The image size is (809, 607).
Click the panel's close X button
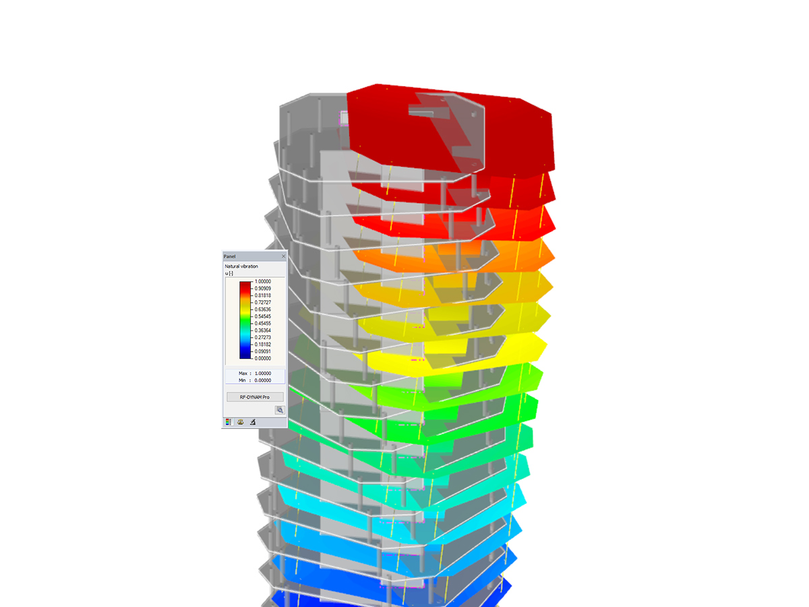coord(283,256)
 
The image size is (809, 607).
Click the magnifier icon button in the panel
coord(280,410)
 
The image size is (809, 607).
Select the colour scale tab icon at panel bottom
coord(228,422)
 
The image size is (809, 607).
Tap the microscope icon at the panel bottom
coord(253,422)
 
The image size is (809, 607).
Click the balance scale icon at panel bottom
coord(240,422)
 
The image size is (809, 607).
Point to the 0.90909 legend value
coord(262,288)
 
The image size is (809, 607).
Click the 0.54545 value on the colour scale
coord(262,316)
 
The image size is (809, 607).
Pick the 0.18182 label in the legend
coord(262,344)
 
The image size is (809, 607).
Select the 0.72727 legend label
coord(262,302)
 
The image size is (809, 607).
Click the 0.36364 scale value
coord(262,330)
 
